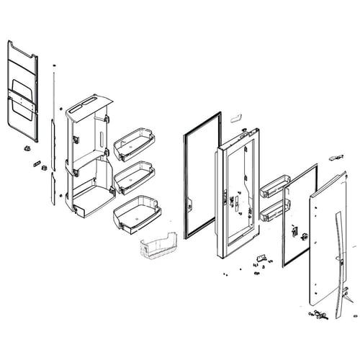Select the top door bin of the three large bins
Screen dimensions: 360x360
tap(135, 144)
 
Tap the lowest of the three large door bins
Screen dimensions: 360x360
tap(137, 213)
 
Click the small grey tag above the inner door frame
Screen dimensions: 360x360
tap(236, 116)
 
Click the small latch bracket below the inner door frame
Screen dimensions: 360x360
tap(261, 256)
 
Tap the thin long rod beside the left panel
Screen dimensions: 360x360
tap(54, 94)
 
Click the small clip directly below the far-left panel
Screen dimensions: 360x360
tap(27, 149)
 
